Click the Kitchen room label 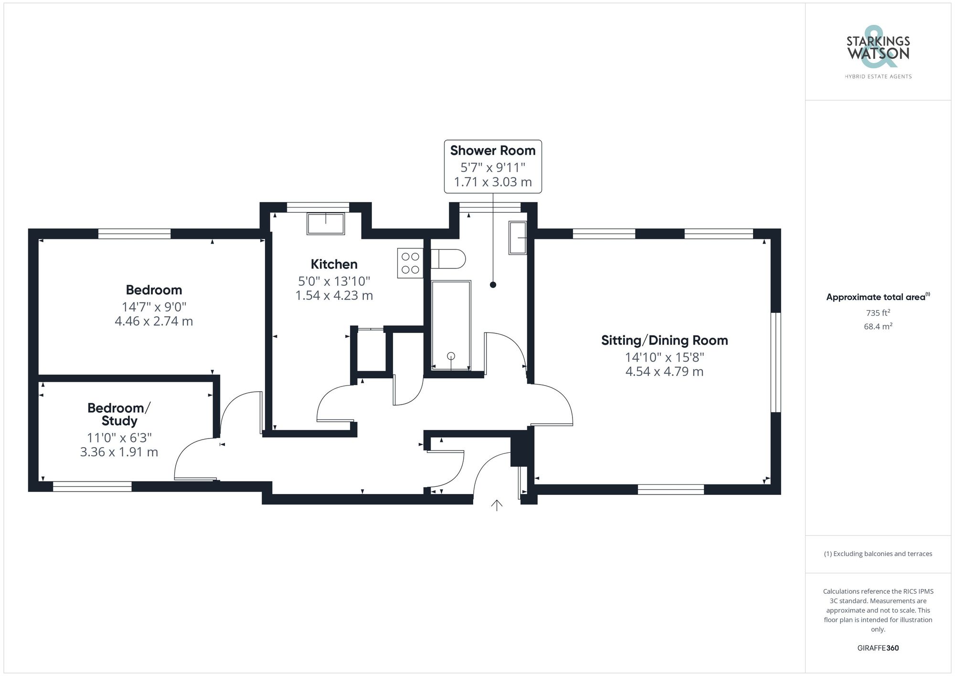pyautogui.click(x=334, y=264)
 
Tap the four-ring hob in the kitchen pyautogui.click(x=410, y=263)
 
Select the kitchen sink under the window pyautogui.click(x=326, y=224)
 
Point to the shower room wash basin pyautogui.click(x=517, y=237)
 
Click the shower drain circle pyautogui.click(x=451, y=356)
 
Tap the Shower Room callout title pyautogui.click(x=493, y=150)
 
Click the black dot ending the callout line pyautogui.click(x=493, y=285)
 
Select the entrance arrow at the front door pyautogui.click(x=497, y=505)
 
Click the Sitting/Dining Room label pyautogui.click(x=664, y=341)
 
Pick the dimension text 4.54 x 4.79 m pyautogui.click(x=664, y=372)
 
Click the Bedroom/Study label pyautogui.click(x=119, y=414)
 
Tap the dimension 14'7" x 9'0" pyautogui.click(x=154, y=306)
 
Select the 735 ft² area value pyautogui.click(x=878, y=313)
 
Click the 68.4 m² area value pyautogui.click(x=878, y=327)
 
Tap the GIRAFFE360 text pyautogui.click(x=878, y=648)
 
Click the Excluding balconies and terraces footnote pyautogui.click(x=878, y=554)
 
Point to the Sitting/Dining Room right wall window pyautogui.click(x=775, y=362)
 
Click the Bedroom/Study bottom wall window pyautogui.click(x=92, y=486)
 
